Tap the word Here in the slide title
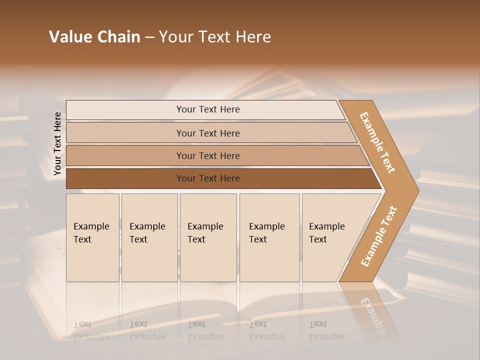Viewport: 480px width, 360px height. tap(253, 37)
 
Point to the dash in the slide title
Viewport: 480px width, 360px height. tap(149, 37)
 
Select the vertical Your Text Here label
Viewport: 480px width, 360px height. tap(57, 144)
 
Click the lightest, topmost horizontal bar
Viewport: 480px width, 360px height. tap(207, 109)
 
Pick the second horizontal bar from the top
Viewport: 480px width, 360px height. tap(207, 133)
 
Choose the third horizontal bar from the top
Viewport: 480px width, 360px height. tap(207, 155)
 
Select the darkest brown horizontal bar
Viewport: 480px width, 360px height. tap(207, 178)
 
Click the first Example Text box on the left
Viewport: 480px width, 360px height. tap(92, 237)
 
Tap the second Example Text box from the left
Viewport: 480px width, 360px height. tap(149, 237)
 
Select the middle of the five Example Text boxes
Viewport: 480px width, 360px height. tap(208, 237)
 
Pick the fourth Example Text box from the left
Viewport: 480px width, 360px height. tap(269, 237)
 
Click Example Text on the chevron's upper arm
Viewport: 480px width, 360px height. tap(377, 142)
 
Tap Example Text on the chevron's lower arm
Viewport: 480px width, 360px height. tap(378, 236)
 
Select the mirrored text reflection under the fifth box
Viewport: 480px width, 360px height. tap(326, 330)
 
